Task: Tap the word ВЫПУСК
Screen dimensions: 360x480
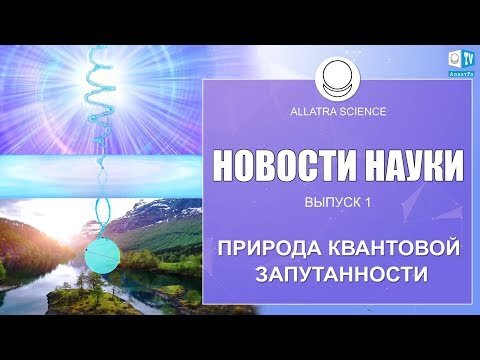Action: pyautogui.click(x=329, y=204)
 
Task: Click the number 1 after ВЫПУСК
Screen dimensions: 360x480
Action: pyautogui.click(x=367, y=204)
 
